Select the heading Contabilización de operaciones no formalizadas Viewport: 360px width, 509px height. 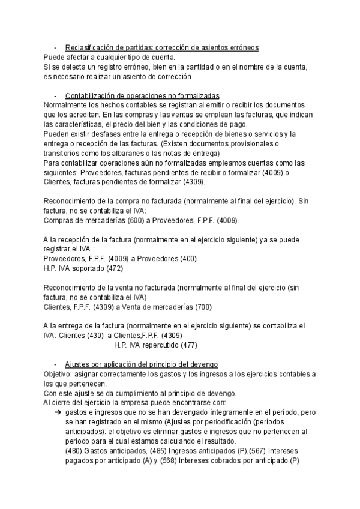142,96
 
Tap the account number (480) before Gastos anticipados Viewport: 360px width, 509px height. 74,451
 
